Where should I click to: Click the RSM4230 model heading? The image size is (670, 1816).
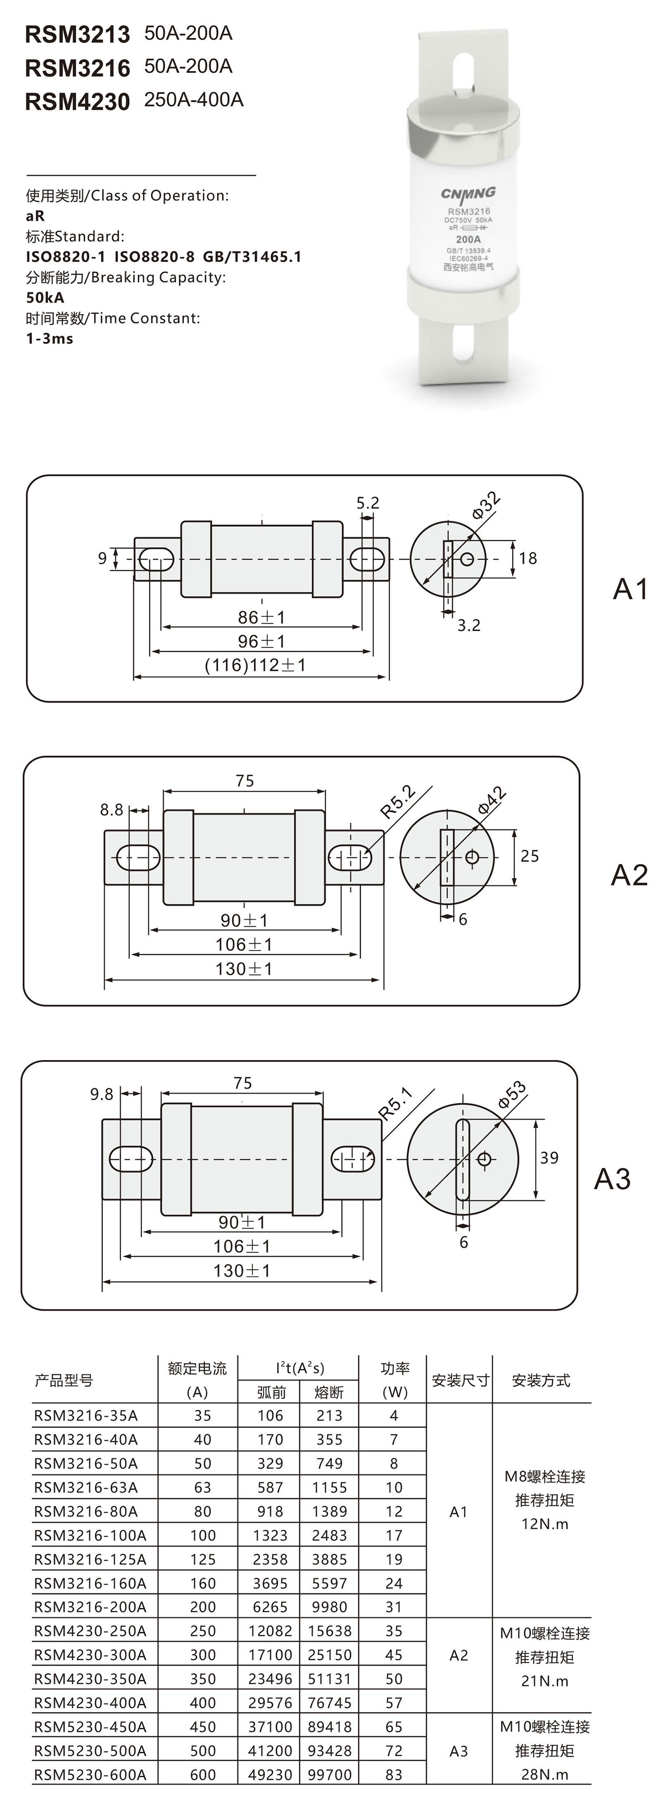[x=78, y=101]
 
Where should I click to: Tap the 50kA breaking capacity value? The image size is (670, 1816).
[x=45, y=297]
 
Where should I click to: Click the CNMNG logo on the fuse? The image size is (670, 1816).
[x=468, y=193]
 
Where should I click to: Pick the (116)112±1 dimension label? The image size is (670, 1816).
[x=255, y=665]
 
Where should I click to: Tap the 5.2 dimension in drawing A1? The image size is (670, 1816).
[x=367, y=503]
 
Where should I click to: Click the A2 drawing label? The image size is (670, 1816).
[x=628, y=875]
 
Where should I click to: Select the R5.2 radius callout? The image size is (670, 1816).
[x=398, y=801]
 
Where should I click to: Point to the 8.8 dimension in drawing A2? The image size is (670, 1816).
[x=111, y=809]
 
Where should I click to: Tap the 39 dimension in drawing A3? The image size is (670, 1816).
[x=549, y=1157]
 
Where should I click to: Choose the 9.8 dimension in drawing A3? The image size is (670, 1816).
[x=101, y=1094]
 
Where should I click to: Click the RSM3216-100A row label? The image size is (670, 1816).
[x=90, y=1535]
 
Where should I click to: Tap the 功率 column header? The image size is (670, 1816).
[x=394, y=1368]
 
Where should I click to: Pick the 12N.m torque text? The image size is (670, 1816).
[x=544, y=1524]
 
